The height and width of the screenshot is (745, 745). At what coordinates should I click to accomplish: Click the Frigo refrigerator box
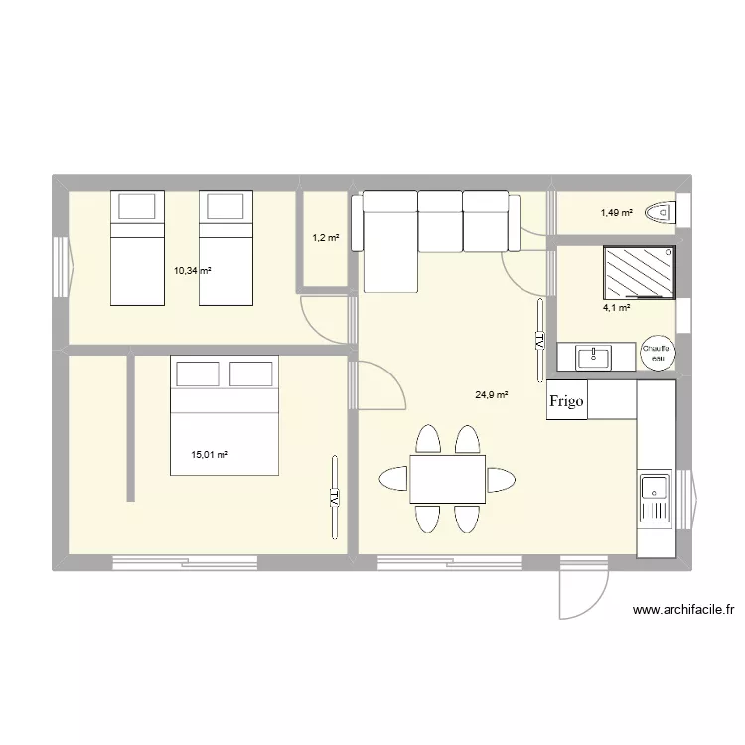(x=566, y=400)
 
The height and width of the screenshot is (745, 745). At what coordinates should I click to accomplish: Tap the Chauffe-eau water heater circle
(x=658, y=354)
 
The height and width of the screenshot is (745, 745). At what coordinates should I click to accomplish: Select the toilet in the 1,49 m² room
(x=660, y=212)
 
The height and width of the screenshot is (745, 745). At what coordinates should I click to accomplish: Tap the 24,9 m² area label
(x=492, y=395)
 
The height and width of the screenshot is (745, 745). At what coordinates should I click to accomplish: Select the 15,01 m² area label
(x=210, y=455)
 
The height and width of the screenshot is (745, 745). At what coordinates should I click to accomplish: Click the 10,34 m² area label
(x=193, y=270)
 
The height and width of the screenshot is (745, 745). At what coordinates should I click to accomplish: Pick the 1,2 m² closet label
(x=326, y=238)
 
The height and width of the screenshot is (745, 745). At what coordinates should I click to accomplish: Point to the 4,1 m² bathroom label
(x=616, y=308)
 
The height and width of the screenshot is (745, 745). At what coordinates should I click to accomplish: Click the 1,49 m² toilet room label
(x=616, y=212)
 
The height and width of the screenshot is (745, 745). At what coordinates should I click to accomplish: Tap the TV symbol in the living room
(x=539, y=339)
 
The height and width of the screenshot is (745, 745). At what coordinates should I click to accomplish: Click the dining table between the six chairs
(x=447, y=479)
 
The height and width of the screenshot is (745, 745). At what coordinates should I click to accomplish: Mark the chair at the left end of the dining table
(x=392, y=479)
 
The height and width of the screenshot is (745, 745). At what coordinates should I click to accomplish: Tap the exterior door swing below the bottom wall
(x=578, y=596)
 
